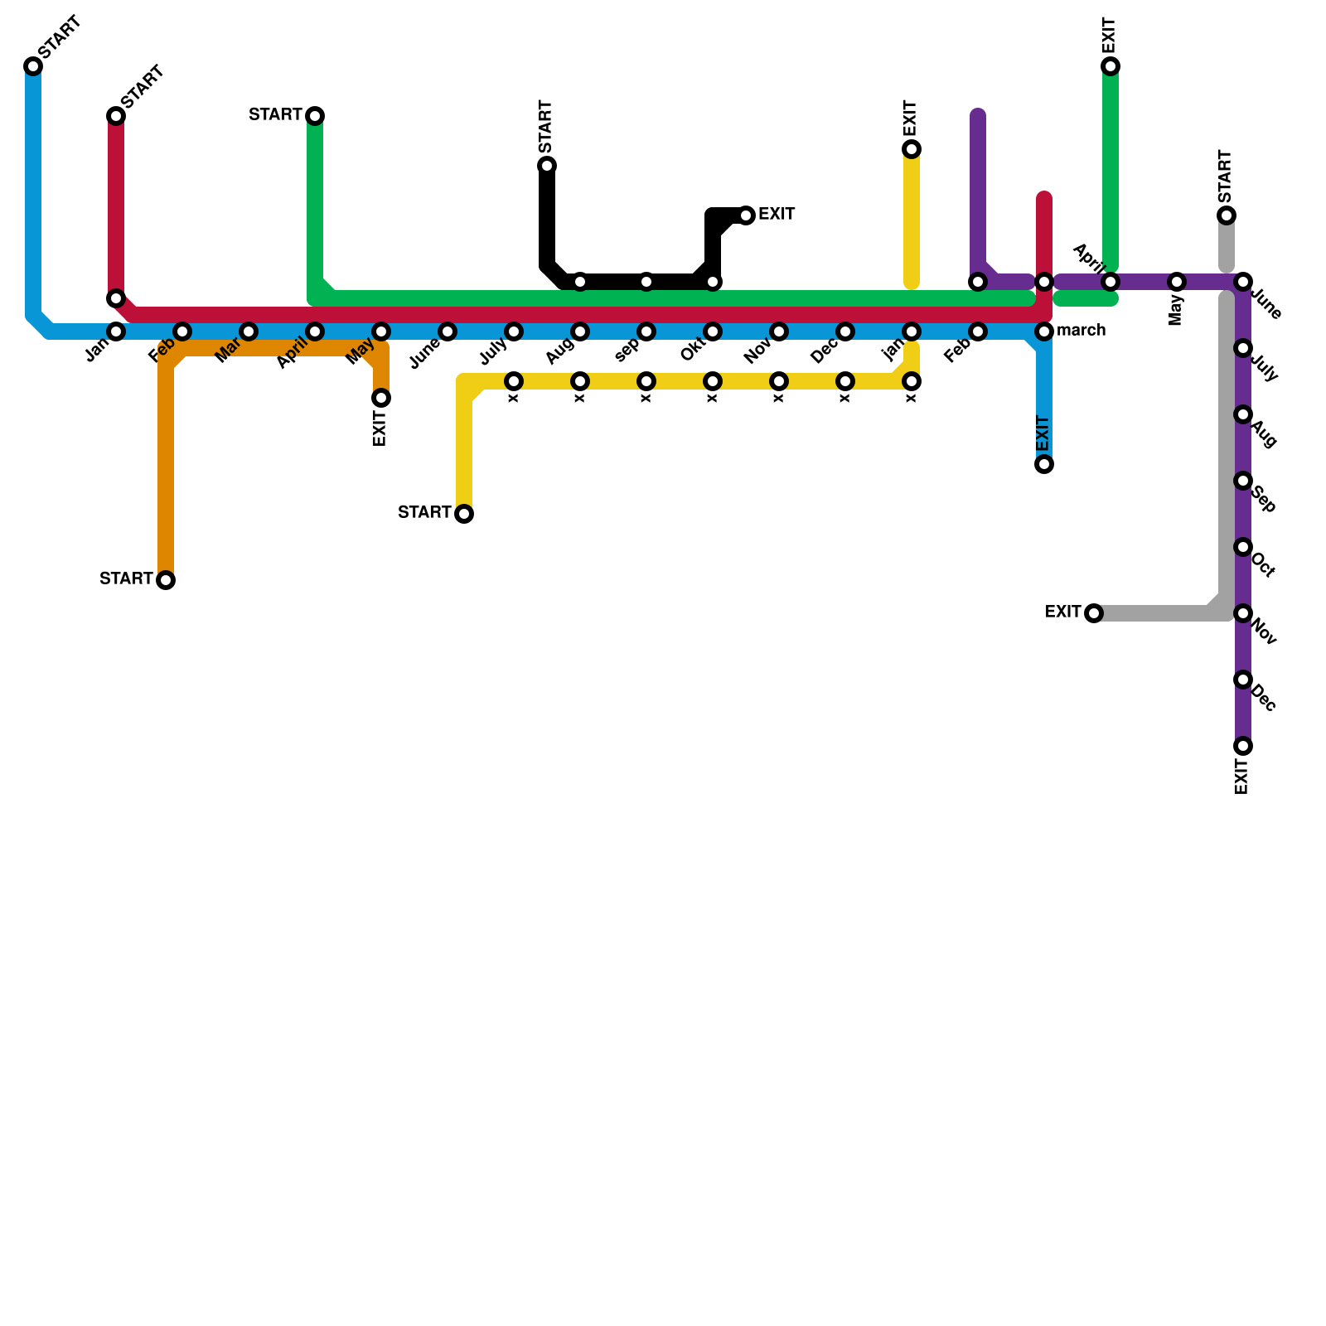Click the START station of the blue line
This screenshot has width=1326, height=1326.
[33, 66]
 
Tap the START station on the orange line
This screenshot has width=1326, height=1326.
[166, 580]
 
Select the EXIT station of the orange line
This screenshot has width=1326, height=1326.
[381, 399]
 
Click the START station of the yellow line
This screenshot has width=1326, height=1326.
[465, 514]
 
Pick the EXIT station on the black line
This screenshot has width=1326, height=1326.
[746, 215]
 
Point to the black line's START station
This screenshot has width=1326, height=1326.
[547, 166]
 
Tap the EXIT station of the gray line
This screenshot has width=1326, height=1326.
[1094, 613]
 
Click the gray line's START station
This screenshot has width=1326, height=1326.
[1227, 215]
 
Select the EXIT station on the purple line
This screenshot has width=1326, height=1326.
[1243, 746]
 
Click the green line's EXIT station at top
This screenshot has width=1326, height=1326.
[1111, 66]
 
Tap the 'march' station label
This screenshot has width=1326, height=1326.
[1081, 331]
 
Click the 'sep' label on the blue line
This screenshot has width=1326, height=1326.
[627, 352]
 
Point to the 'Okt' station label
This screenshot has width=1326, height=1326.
[692, 351]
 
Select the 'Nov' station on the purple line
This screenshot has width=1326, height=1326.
[1243, 613]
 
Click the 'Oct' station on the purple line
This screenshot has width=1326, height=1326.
[1243, 547]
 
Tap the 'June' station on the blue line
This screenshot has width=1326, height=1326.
[448, 331]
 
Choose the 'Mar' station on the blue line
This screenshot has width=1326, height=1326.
[249, 331]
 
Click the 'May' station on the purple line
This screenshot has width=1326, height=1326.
[1177, 282]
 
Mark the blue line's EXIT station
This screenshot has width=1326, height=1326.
[1044, 464]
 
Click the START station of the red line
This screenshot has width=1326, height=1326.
[116, 116]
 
